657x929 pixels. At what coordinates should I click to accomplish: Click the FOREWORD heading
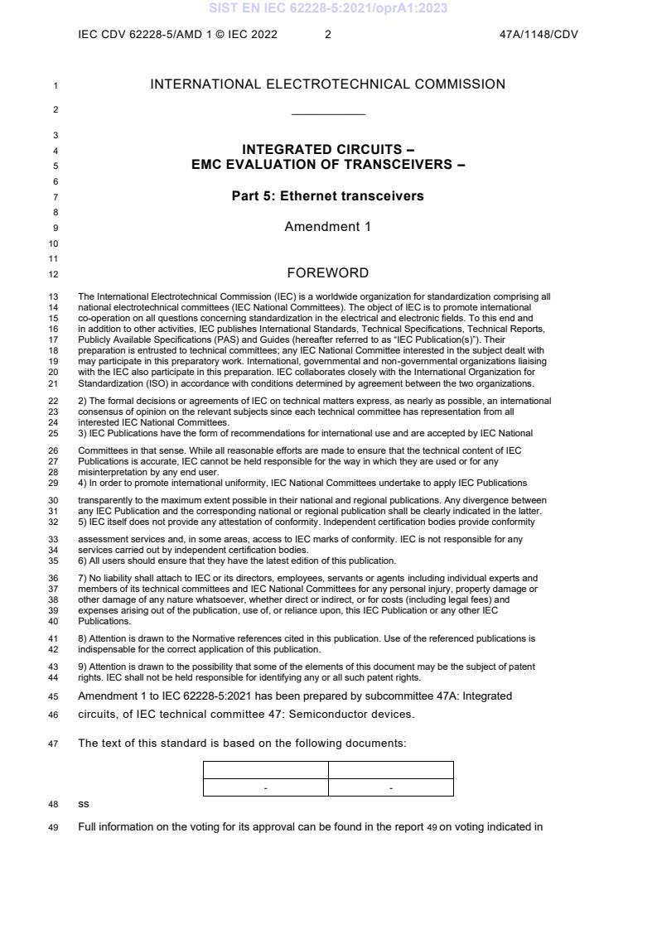point(328,273)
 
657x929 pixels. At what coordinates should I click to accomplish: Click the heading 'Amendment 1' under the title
point(328,227)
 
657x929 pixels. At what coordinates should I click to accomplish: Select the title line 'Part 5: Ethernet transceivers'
point(328,196)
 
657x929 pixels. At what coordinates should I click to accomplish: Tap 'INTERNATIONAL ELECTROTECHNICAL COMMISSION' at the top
point(328,84)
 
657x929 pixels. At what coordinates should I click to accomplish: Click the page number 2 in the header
point(328,35)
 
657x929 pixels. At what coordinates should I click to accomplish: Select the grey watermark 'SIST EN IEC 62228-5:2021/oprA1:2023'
point(328,8)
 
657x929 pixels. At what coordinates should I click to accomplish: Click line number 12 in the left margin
point(55,274)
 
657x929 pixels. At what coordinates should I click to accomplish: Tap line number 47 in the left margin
point(55,744)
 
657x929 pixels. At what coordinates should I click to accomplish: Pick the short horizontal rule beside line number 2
point(328,114)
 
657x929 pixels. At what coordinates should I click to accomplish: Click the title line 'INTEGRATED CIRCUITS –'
point(328,150)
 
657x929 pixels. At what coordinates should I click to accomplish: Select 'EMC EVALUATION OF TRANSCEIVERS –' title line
point(328,164)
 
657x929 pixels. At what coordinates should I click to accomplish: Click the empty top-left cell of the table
point(265,770)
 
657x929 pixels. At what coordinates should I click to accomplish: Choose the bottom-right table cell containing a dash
point(391,787)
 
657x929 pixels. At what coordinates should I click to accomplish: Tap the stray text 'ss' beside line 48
point(83,803)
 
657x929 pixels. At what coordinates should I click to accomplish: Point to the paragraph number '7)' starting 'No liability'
point(83,578)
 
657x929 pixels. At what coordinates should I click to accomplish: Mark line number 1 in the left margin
point(55,84)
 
